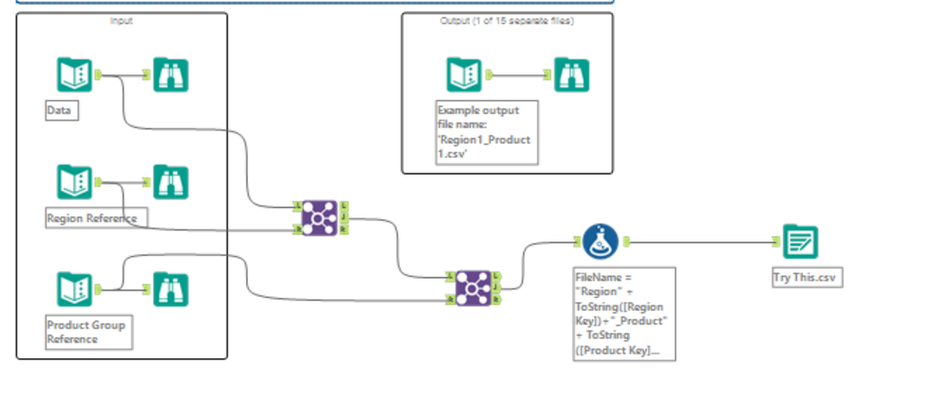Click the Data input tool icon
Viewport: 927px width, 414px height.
[73, 75]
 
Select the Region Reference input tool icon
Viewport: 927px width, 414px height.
[73, 183]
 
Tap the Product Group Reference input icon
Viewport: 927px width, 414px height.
[73, 289]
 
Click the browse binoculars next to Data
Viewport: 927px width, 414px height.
[171, 75]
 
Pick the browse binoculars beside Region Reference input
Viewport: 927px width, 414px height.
[171, 183]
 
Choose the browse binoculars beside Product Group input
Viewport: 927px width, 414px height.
[171, 289]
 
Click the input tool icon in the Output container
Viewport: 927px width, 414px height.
[463, 75]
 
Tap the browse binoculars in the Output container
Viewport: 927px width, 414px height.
[571, 75]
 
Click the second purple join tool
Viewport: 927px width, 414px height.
[473, 287]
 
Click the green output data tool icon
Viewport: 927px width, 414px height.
[800, 242]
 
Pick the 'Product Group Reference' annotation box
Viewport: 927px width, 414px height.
[89, 332]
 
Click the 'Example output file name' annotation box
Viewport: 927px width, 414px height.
[486, 133]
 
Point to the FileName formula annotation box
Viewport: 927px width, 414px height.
[624, 314]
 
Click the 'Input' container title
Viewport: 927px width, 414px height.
[121, 20]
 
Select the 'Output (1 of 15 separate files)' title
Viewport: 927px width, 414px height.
[506, 20]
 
